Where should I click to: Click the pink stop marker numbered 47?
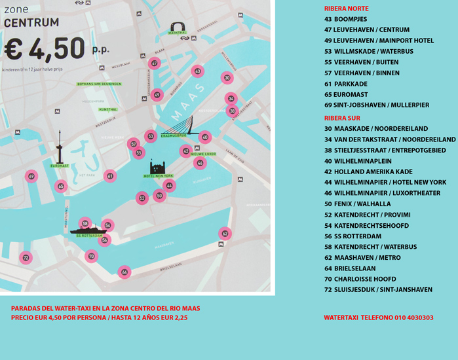(x=154, y=63)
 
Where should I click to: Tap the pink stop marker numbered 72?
(x=26, y=258)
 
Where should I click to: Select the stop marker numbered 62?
(x=225, y=233)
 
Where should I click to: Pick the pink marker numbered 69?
(x=31, y=176)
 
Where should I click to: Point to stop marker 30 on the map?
(x=227, y=78)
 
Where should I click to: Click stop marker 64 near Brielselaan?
(x=124, y=272)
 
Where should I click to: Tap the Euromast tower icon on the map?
(x=60, y=148)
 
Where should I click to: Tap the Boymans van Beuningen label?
(x=99, y=84)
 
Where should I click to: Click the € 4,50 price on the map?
(x=45, y=48)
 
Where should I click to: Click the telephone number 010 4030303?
(x=413, y=317)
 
